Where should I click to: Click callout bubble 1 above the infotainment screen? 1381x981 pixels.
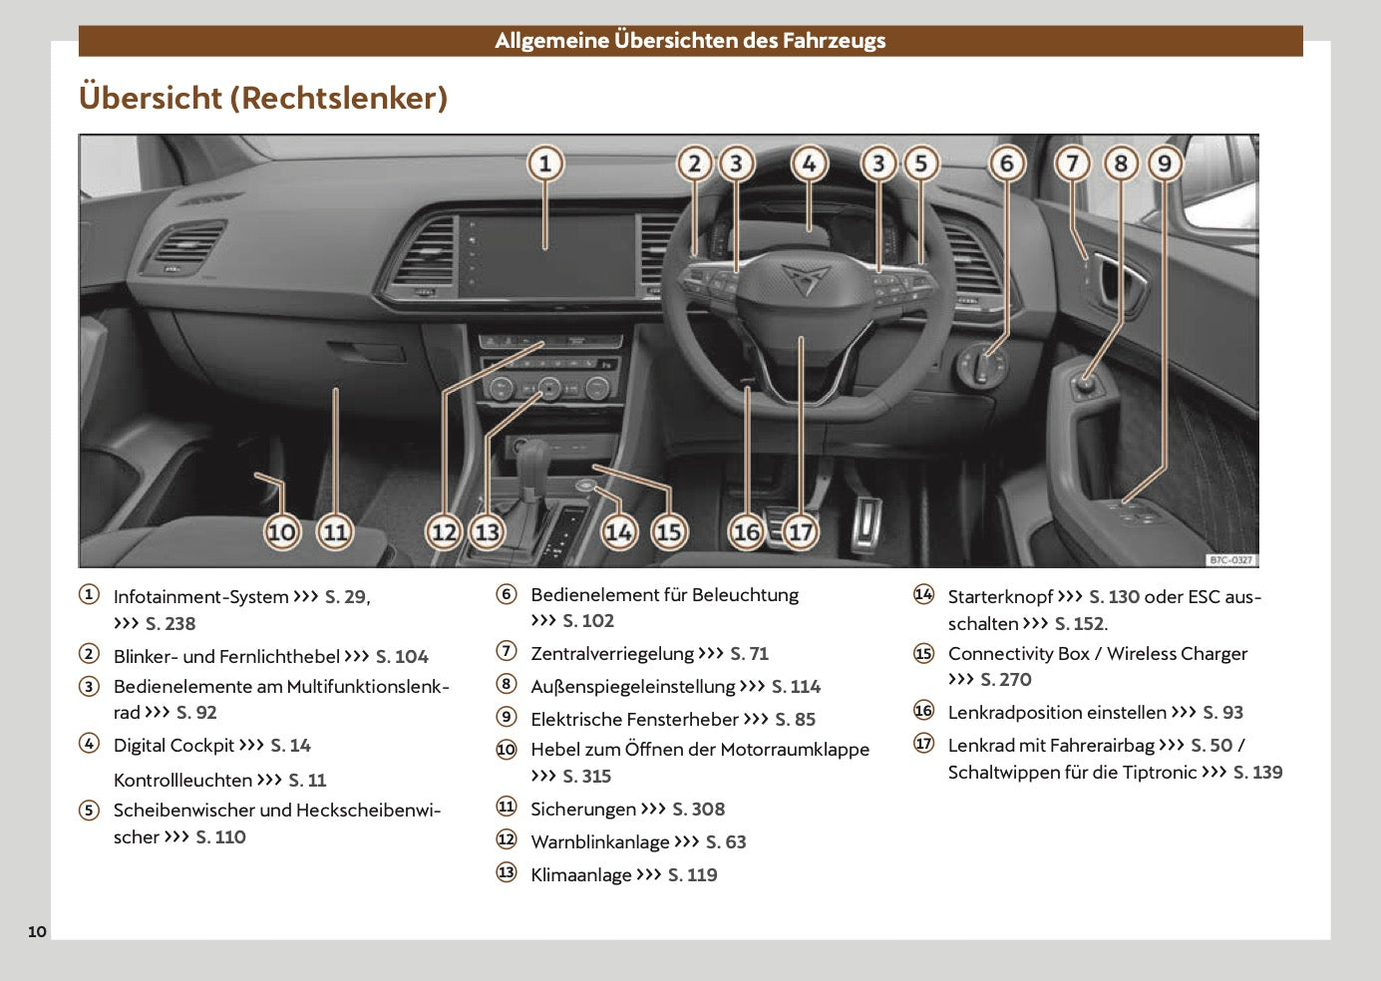tap(544, 163)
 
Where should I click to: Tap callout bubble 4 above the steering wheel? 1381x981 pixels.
tap(809, 163)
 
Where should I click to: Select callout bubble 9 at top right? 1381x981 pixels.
tap(1165, 163)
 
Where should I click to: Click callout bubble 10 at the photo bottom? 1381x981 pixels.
tap(281, 531)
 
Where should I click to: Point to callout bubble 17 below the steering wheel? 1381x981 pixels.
tap(801, 531)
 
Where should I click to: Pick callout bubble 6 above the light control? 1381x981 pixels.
tap(1006, 163)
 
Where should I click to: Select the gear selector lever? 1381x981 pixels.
tap(532, 464)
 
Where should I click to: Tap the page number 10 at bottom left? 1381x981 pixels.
tap(37, 932)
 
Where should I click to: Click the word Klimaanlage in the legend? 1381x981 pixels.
tap(580, 875)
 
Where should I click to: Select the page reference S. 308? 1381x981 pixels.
tap(698, 810)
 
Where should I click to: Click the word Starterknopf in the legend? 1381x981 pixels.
tap(1000, 597)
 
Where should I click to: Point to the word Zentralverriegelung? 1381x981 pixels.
tap(611, 654)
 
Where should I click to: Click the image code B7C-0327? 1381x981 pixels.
tap(1229, 560)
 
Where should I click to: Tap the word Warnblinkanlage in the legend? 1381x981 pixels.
tap(599, 842)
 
